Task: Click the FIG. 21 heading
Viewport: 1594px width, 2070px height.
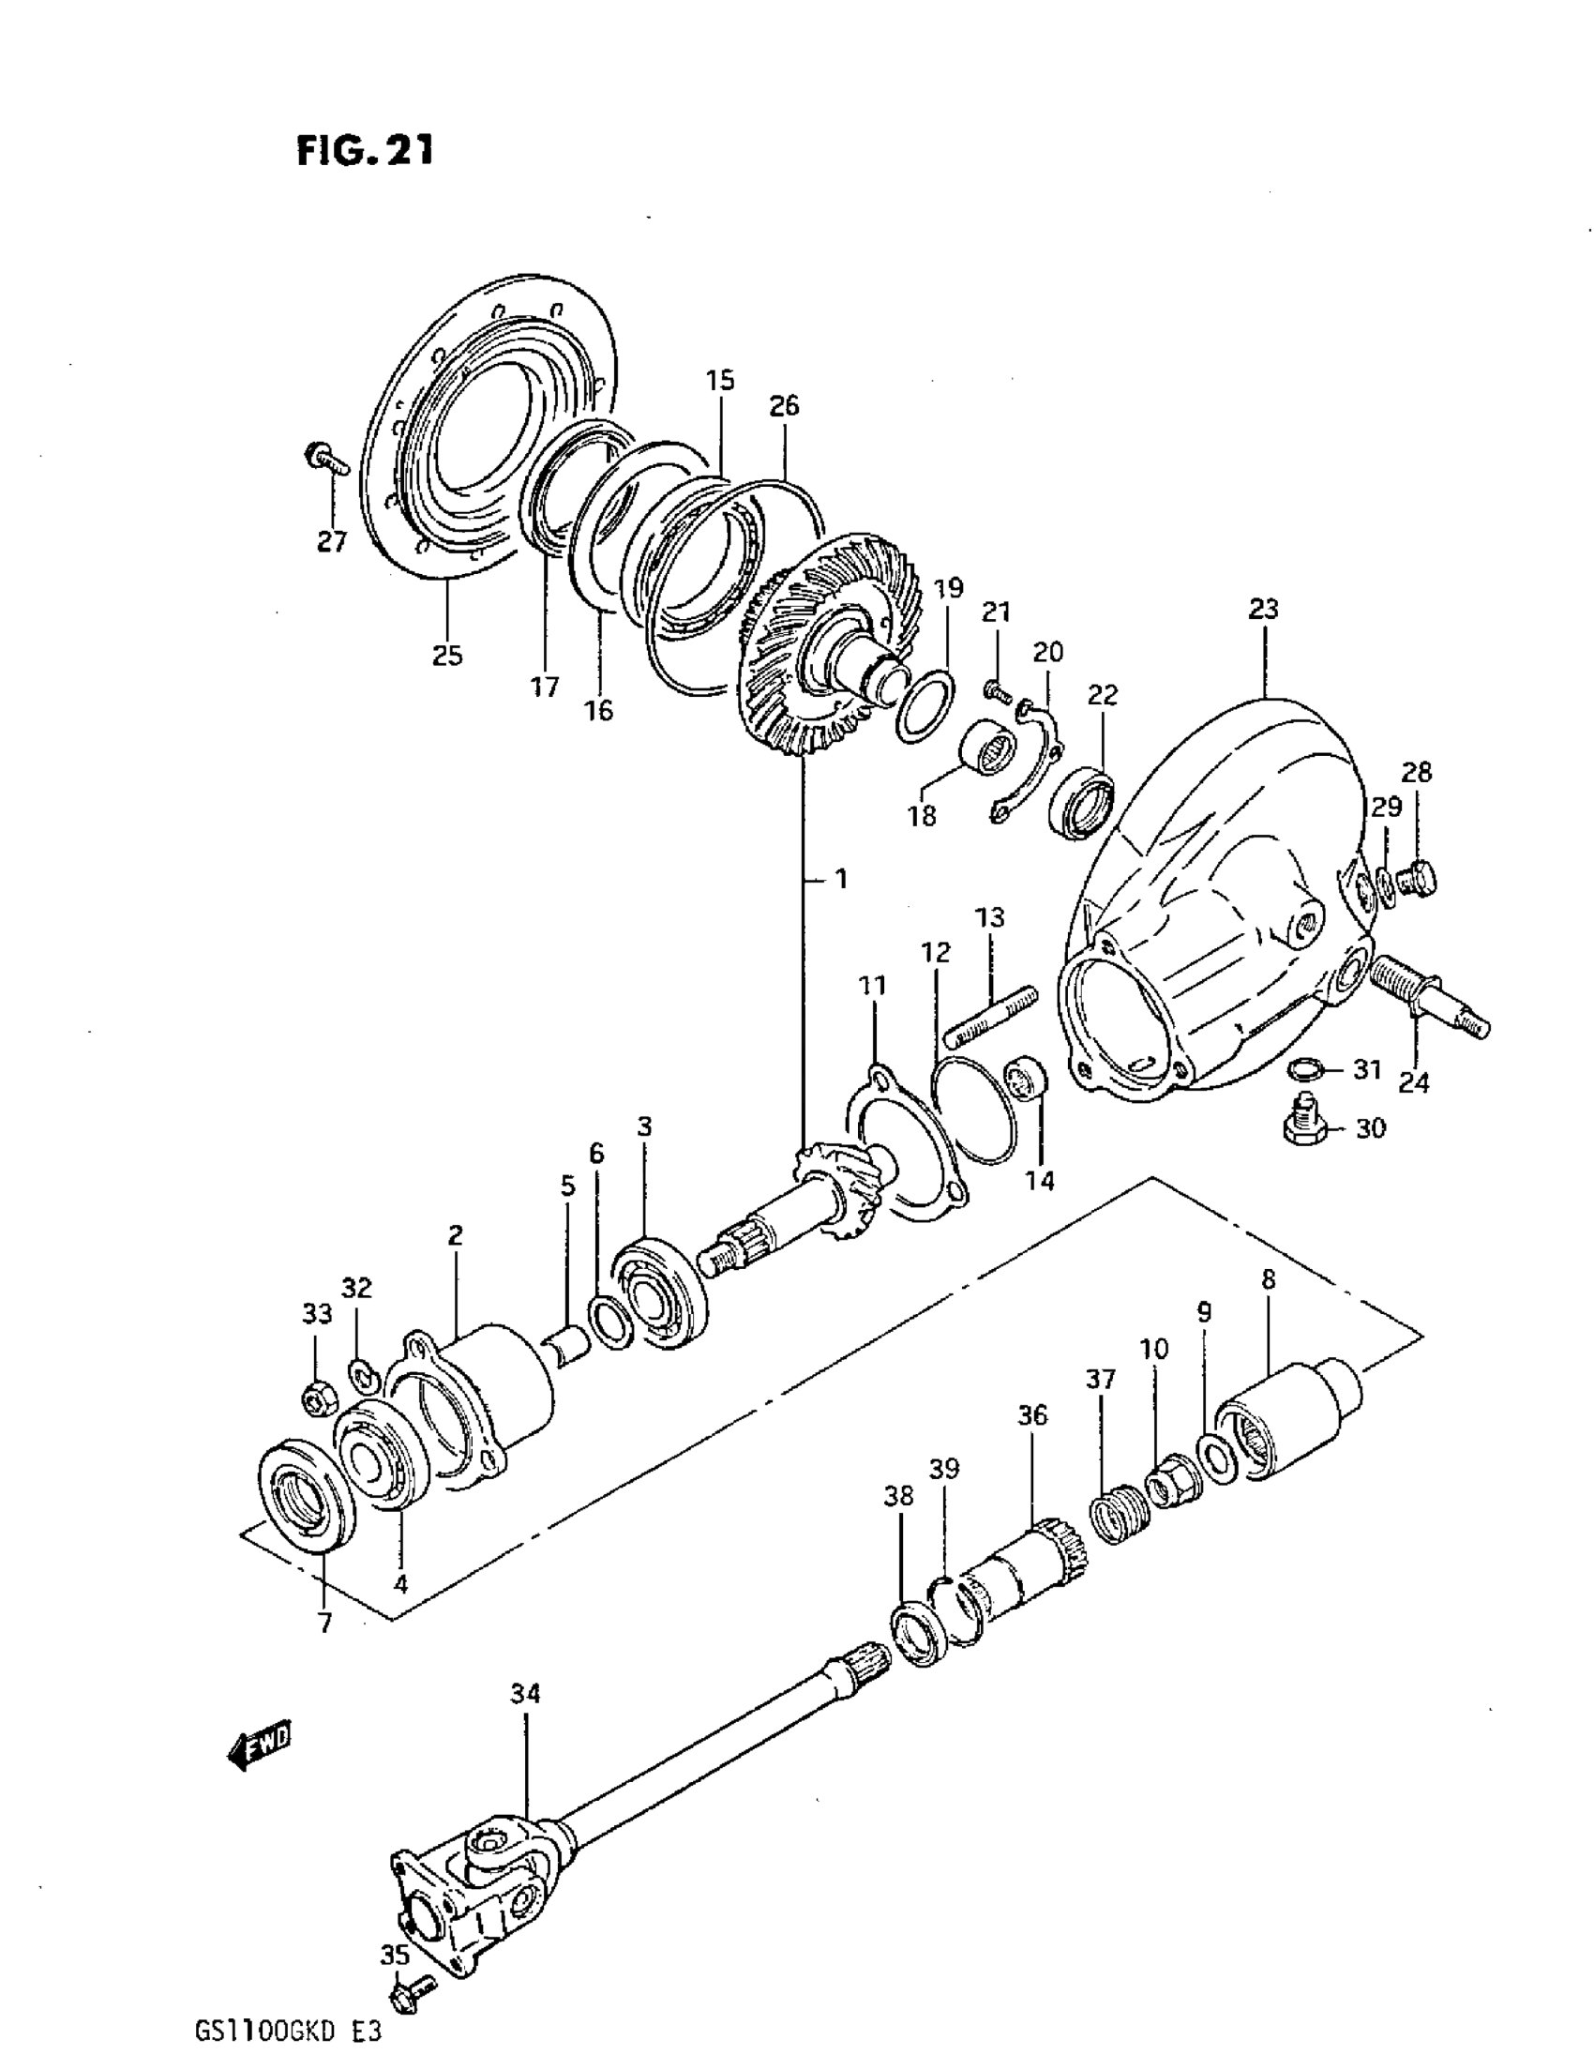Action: pyautogui.click(x=365, y=150)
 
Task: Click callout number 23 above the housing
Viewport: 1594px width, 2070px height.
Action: pyautogui.click(x=1263, y=609)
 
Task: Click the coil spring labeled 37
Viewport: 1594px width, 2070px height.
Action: pyautogui.click(x=1119, y=1513)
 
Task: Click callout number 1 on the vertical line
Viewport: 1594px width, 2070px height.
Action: pyautogui.click(x=840, y=880)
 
